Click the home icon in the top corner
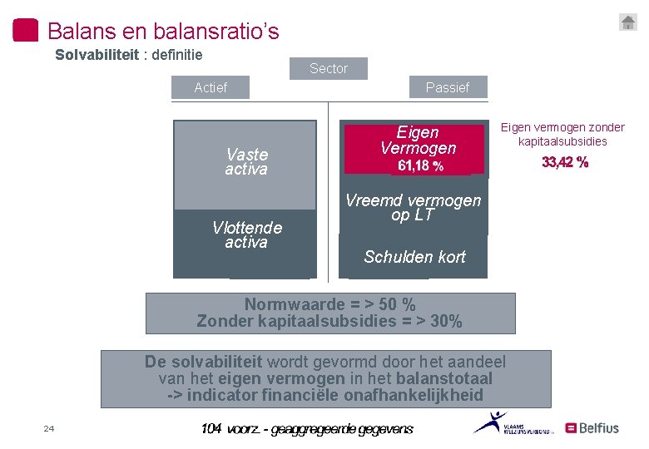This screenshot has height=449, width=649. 628,22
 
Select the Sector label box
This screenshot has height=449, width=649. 329,68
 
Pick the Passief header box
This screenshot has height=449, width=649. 447,87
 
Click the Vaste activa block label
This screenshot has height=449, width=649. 246,161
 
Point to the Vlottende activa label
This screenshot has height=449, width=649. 246,234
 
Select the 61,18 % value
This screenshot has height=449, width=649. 420,166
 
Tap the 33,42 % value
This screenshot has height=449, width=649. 565,162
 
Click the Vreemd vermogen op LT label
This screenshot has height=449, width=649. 413,207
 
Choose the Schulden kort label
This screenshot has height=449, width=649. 414,257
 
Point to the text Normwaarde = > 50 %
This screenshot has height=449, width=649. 329,304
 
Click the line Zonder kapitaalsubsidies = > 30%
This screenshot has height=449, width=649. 329,321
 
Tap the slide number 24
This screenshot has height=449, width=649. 48,429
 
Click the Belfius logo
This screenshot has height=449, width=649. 592,428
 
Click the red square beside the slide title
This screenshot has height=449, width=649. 26,30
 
